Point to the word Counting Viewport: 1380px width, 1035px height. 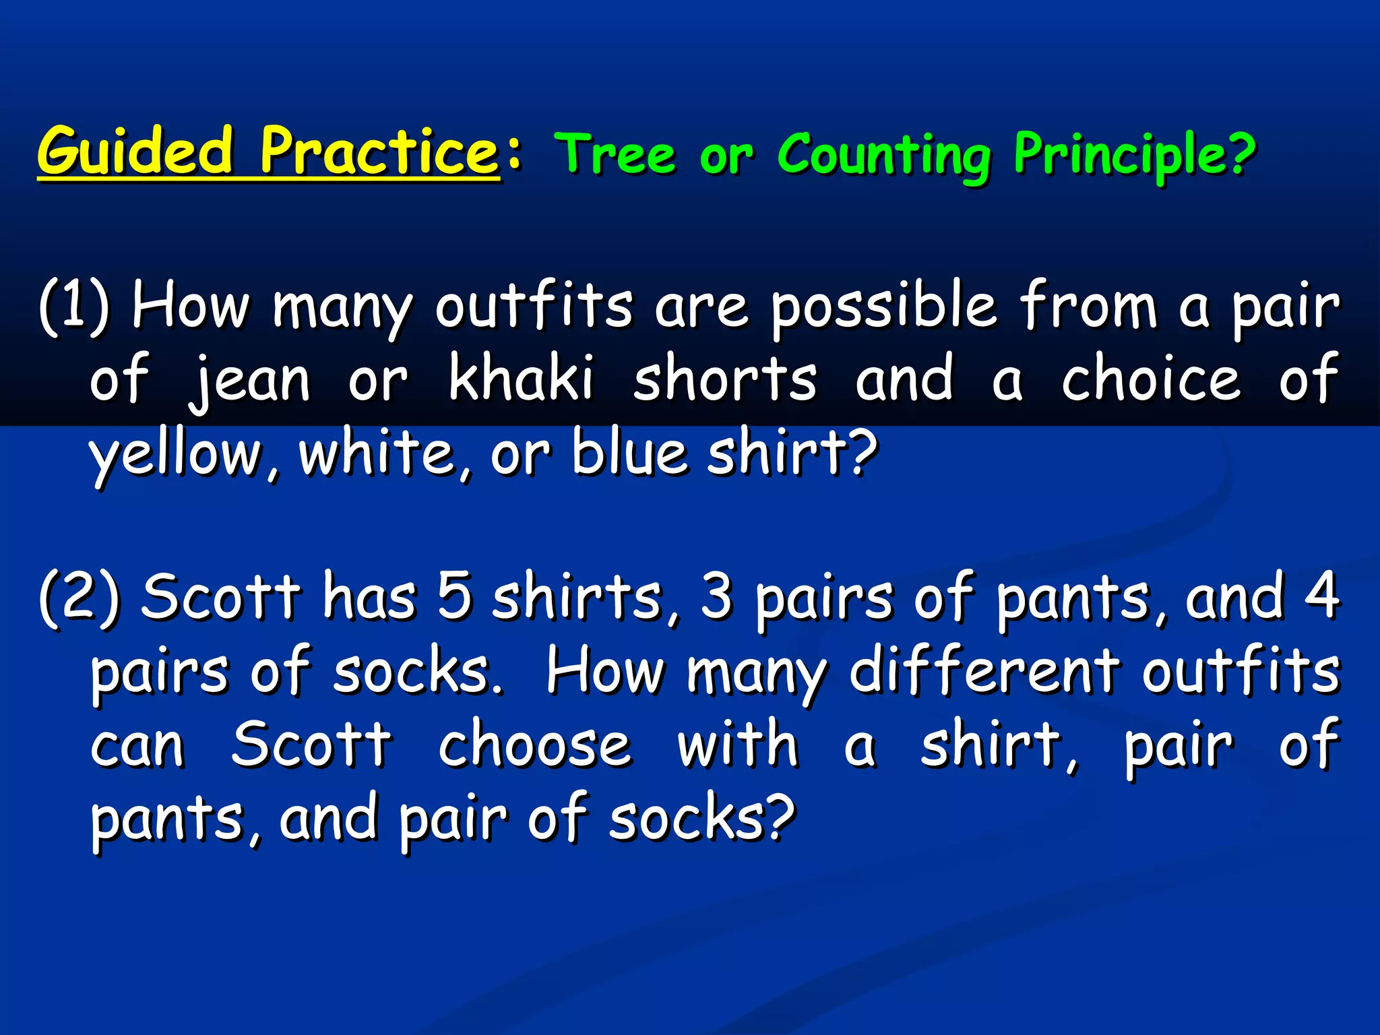[x=884, y=156]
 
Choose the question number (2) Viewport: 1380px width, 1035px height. [x=79, y=598]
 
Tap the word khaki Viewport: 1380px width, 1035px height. [x=521, y=379]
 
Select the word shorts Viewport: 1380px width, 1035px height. [x=725, y=379]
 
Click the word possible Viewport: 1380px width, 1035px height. [x=883, y=308]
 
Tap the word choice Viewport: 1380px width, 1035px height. [x=1151, y=379]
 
